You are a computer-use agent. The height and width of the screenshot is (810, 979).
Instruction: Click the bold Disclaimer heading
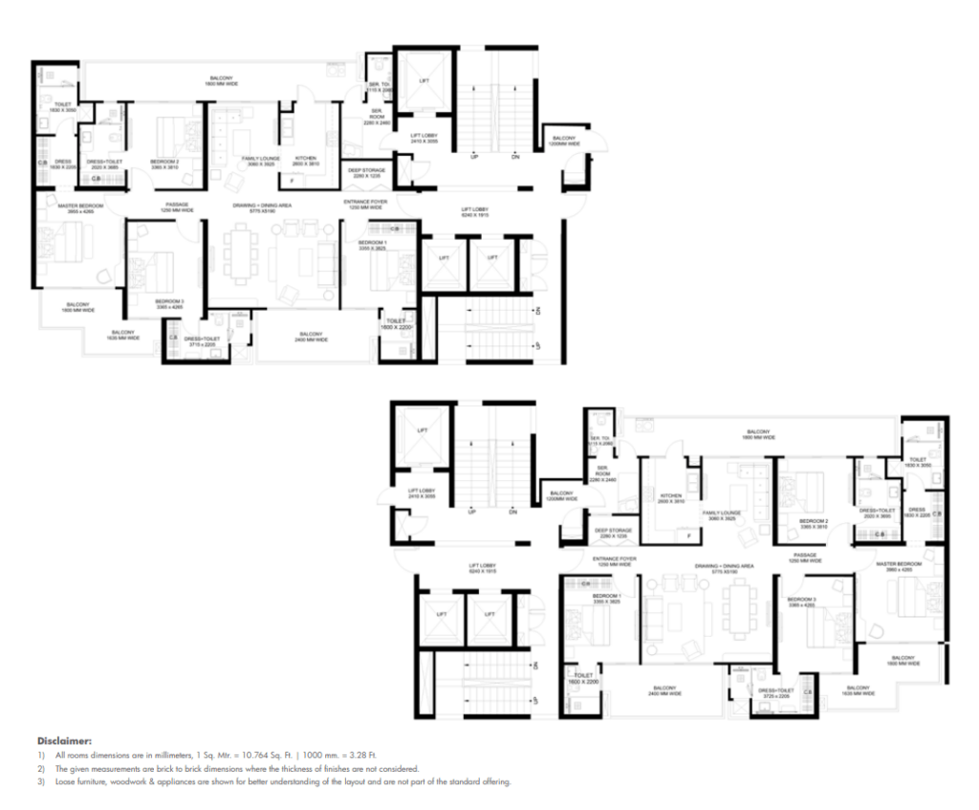click(64, 740)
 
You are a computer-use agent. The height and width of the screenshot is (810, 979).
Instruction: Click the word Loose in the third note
click(65, 781)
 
